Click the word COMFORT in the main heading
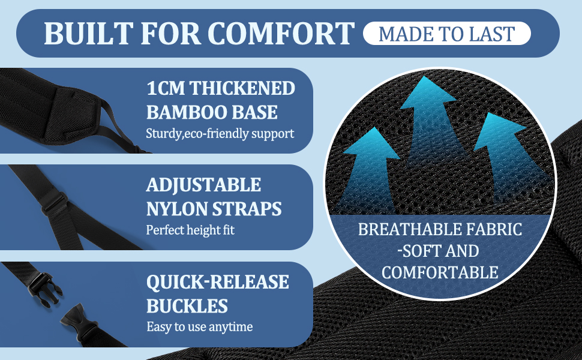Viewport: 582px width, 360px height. [283, 34]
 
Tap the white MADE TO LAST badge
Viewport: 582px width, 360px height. [447, 34]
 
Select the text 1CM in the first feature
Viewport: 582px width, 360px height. [165, 88]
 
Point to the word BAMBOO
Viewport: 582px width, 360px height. [189, 112]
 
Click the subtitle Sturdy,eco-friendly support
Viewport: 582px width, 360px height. [220, 133]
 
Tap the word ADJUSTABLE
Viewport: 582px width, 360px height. [204, 185]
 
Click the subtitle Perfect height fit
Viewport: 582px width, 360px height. [190, 230]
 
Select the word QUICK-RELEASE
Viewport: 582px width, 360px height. [218, 282]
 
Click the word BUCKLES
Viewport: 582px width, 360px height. [187, 306]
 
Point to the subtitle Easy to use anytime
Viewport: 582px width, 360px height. [199, 326]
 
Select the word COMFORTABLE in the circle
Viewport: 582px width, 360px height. [440, 272]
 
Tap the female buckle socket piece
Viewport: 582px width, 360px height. [76, 321]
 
